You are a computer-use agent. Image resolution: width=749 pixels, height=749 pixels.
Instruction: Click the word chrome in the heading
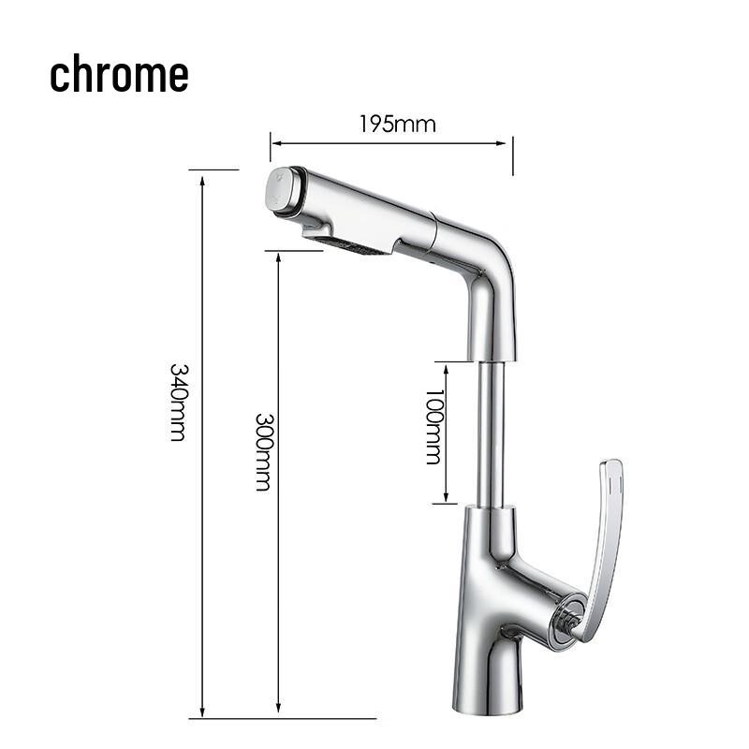[x=119, y=75]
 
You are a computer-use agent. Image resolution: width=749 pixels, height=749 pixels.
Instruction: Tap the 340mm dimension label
[x=178, y=402]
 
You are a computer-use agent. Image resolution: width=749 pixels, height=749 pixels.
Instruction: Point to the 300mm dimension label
[x=264, y=452]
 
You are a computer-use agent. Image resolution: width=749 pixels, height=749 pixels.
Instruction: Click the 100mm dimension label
[x=433, y=427]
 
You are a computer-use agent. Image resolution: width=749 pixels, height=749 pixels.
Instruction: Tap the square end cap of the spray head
[x=281, y=191]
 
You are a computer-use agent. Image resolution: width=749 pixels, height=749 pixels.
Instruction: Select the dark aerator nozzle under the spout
[x=356, y=245]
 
